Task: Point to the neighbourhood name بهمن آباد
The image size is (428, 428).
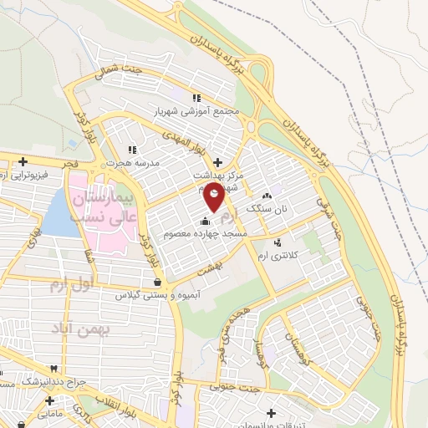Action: (x=84, y=329)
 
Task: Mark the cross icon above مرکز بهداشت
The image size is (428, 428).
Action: (x=218, y=162)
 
